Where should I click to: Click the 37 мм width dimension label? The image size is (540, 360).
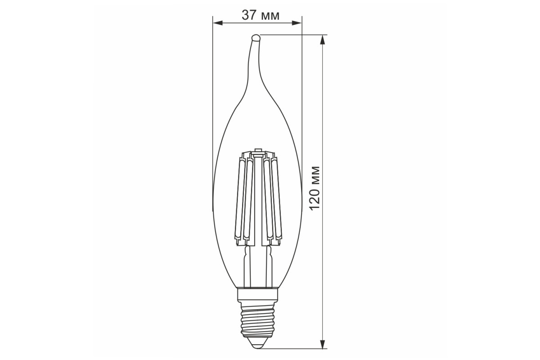[x=261, y=15]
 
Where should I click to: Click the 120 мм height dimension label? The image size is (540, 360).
[x=315, y=188]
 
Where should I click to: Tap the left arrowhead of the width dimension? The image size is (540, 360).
[x=218, y=23]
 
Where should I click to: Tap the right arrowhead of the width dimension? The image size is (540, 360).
[x=297, y=23]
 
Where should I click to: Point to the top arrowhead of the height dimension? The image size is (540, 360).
[x=322, y=40]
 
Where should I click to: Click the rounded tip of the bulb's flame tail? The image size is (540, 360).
[x=256, y=38]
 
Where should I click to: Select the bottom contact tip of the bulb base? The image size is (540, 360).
[x=258, y=345]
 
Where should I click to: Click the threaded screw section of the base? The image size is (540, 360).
[x=258, y=321]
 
